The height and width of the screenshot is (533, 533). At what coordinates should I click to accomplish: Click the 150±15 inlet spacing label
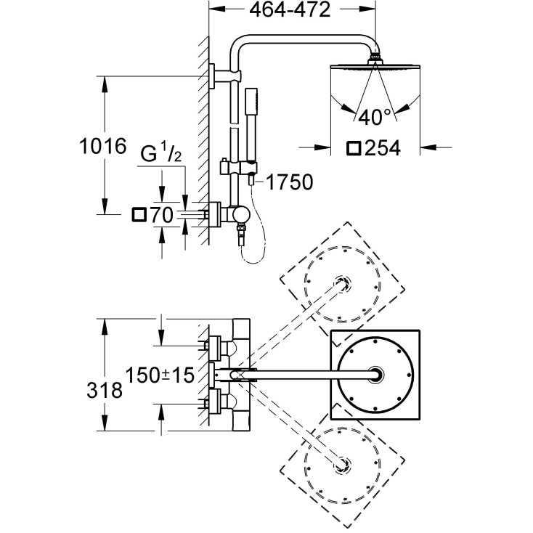point(159,375)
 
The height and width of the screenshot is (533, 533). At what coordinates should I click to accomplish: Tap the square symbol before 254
point(354,148)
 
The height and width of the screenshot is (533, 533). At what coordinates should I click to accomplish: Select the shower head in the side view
point(375,68)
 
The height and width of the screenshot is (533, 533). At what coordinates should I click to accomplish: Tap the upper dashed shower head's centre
point(341,283)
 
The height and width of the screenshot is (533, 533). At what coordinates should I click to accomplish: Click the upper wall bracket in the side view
point(215,76)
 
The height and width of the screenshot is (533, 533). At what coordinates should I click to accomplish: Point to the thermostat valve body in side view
point(237,214)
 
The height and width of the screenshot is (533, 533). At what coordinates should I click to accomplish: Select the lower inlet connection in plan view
point(216,401)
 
